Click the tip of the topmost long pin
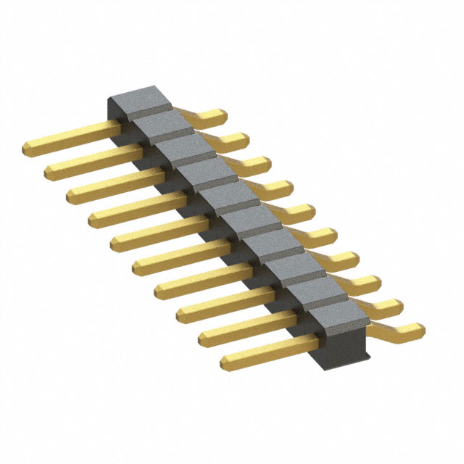pyautogui.click(x=28, y=149)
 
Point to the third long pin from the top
pyautogui.click(x=116, y=183)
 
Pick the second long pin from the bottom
pyautogui.click(x=246, y=326)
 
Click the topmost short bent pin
pyautogui.click(x=210, y=115)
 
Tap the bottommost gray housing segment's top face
pyautogui.click(x=336, y=316)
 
